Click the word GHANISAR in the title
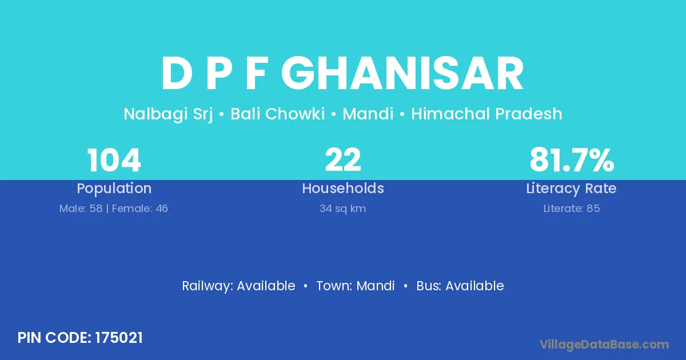(402, 74)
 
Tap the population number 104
(114, 160)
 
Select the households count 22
(343, 160)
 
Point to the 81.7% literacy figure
(572, 160)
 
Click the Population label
(114, 189)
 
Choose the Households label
(343, 188)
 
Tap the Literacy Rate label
(571, 189)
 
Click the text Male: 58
(81, 209)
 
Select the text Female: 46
(140, 209)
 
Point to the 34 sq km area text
(342, 209)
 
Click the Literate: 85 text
(572, 209)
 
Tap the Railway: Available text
(238, 286)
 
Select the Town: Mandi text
(355, 286)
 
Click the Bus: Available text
(460, 286)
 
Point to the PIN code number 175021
(119, 338)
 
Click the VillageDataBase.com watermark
(604, 345)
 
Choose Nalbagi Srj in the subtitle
(168, 114)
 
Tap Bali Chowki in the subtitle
(277, 114)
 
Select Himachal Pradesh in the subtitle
(486, 114)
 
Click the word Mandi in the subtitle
(368, 114)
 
